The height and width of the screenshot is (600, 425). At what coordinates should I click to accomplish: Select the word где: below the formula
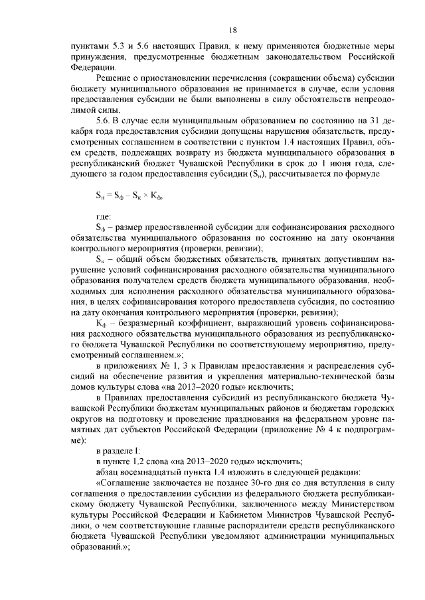tap(104, 217)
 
